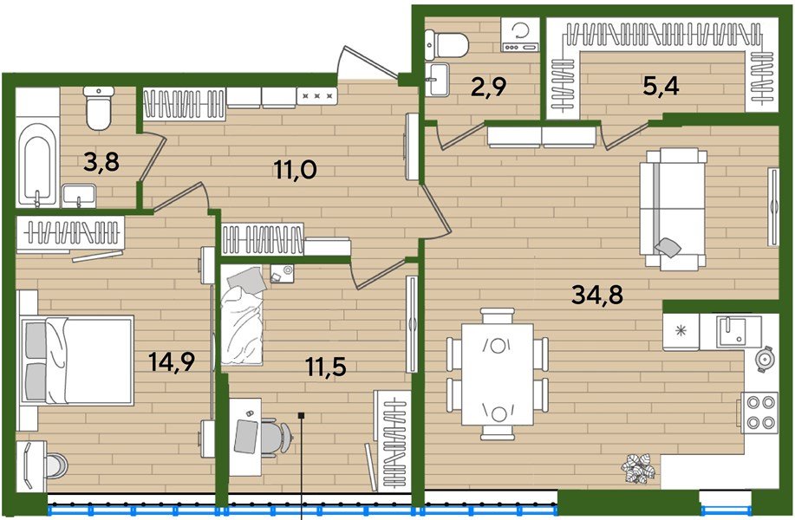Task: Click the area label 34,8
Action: pos(596,294)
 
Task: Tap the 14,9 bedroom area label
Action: pos(172,362)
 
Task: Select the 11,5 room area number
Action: pos(326,366)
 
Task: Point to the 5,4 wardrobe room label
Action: pos(661,87)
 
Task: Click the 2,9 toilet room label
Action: pos(488,88)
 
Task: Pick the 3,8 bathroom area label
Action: pos(101,162)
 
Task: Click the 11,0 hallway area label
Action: pos(296,169)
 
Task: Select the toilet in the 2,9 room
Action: pos(446,44)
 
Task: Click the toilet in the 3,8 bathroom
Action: pos(99,108)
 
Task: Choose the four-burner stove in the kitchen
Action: pos(759,412)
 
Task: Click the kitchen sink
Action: pos(739,331)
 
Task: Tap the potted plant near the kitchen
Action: pos(639,468)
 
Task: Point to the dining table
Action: pos(498,374)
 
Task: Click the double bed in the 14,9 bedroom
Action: pos(76,360)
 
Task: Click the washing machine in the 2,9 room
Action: pos(519,35)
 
